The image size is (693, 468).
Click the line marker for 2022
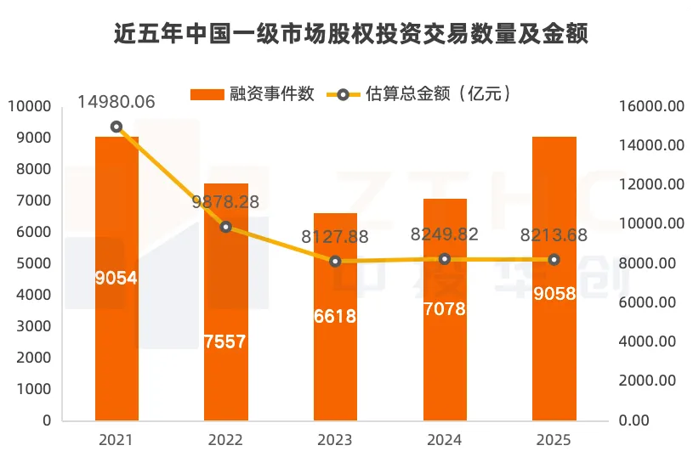[x=225, y=227]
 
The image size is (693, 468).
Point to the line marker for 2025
[x=554, y=260]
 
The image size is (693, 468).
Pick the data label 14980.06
[x=116, y=102]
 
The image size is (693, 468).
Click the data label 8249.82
[x=444, y=234]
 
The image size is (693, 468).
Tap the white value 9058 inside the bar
[x=554, y=294]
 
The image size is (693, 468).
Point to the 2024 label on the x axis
[x=444, y=440]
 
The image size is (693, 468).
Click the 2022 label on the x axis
[x=225, y=440]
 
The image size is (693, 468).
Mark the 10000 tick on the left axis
[x=30, y=106]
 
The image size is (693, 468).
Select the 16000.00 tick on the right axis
[x=650, y=106]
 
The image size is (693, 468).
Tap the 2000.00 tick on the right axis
[x=650, y=381]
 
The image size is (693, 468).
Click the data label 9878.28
[x=225, y=203]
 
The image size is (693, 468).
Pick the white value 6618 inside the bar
[x=335, y=316]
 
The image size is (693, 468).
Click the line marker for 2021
[x=116, y=127]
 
